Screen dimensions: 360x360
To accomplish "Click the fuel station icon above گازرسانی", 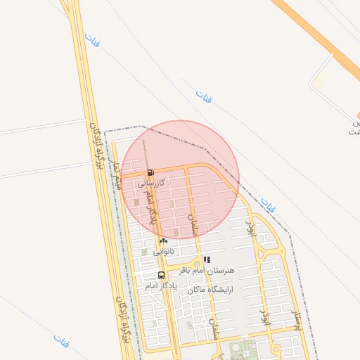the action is pyautogui.click(x=150, y=173).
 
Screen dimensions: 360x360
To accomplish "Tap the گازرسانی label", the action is pyautogui.click(x=151, y=183).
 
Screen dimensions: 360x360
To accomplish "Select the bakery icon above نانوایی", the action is pyautogui.click(x=163, y=240).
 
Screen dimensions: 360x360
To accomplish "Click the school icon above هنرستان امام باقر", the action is pyautogui.click(x=207, y=259).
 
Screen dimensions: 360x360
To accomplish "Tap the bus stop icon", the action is pyautogui.click(x=162, y=275).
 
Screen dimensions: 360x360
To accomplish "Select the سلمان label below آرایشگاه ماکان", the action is pyautogui.click(x=213, y=327).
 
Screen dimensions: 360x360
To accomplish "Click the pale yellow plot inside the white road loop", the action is pyautogui.click(x=320, y=81).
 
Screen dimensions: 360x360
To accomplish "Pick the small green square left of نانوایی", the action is pyautogui.click(x=144, y=251).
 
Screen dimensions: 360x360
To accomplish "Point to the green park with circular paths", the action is pyautogui.click(x=243, y=349).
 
